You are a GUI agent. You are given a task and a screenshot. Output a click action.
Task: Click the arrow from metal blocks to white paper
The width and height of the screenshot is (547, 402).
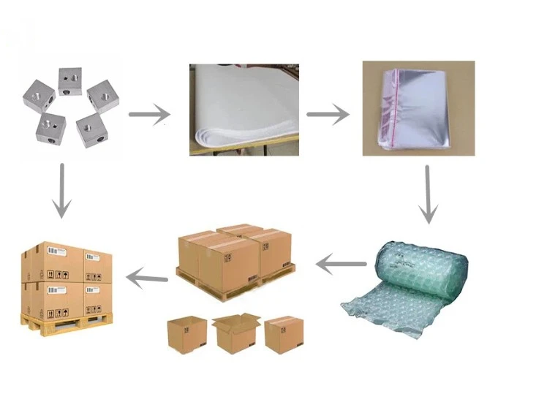[149, 114]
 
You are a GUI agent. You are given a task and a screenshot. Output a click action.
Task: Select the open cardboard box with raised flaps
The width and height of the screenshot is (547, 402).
[235, 333]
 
